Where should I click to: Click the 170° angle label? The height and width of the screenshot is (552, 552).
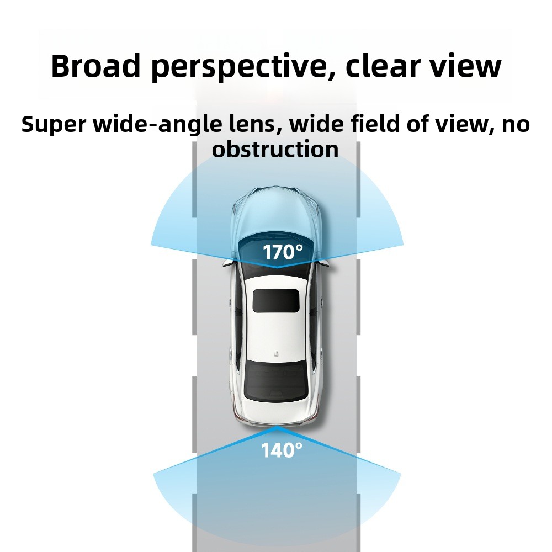click(283, 252)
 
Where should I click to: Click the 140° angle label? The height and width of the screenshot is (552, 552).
click(282, 450)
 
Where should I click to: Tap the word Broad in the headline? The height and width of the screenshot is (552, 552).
click(95, 66)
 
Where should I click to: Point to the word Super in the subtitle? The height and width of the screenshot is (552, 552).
click(54, 125)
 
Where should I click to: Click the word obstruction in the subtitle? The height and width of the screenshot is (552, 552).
click(275, 149)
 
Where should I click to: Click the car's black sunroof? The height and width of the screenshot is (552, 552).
click(277, 300)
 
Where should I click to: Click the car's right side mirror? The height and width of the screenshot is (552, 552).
click(324, 263)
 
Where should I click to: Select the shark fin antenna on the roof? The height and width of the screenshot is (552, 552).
click(277, 353)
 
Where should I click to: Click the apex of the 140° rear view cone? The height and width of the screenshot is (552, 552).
click(277, 427)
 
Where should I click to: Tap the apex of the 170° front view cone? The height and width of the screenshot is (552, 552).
click(277, 267)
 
